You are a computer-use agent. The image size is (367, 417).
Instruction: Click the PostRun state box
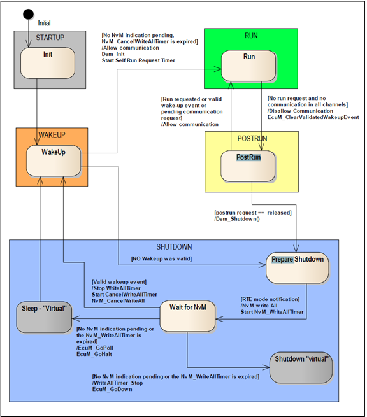point(248,166)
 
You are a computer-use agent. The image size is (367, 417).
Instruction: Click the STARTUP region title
point(50,37)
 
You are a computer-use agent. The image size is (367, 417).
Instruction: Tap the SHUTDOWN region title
point(173,246)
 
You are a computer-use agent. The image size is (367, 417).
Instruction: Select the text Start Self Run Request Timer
point(138,60)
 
